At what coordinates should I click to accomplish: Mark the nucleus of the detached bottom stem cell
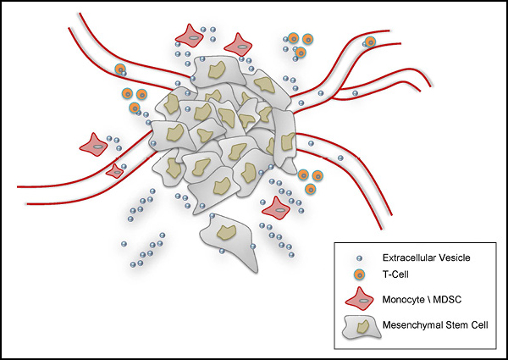(227, 231)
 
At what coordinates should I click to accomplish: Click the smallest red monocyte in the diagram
(115, 171)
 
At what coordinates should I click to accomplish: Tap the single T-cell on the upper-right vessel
(369, 42)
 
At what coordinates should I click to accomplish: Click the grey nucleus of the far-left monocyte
(97, 146)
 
